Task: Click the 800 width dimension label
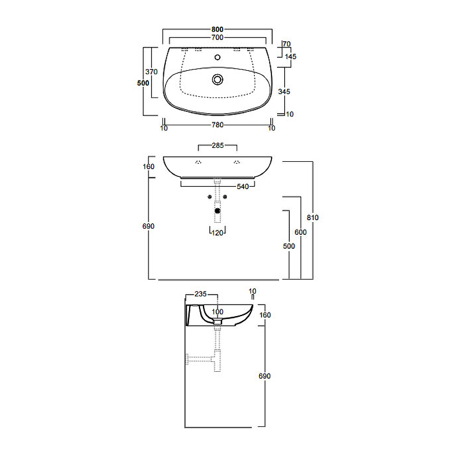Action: (x=217, y=30)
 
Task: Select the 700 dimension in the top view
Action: (x=217, y=37)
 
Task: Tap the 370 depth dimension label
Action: (x=151, y=71)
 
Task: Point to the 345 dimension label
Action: (x=284, y=92)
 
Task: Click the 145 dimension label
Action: (x=291, y=56)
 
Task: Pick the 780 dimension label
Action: (x=217, y=125)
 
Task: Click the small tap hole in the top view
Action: (x=217, y=57)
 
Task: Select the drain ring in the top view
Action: (x=217, y=79)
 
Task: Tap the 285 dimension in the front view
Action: (x=218, y=146)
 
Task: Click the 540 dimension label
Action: (x=242, y=186)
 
